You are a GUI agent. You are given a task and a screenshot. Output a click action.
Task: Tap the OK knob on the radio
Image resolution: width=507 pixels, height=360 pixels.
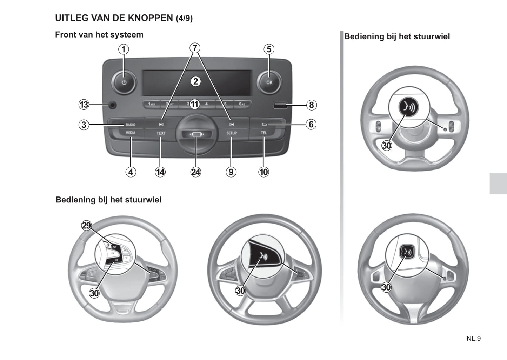pyautogui.click(x=269, y=82)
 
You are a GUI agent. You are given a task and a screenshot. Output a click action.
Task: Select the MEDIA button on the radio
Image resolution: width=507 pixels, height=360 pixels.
pyautogui.click(x=130, y=133)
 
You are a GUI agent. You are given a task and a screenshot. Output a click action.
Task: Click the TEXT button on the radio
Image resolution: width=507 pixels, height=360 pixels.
pyautogui.click(x=161, y=133)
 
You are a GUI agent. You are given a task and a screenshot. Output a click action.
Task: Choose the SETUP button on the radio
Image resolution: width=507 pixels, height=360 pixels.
pyautogui.click(x=232, y=133)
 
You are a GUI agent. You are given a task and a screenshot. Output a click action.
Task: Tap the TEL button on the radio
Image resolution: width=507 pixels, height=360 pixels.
pyautogui.click(x=264, y=133)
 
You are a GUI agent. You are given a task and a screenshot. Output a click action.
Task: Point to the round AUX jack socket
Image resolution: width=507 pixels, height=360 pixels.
pyautogui.click(x=112, y=105)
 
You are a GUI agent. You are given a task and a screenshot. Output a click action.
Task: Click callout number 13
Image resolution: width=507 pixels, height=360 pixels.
pyautogui.click(x=84, y=105)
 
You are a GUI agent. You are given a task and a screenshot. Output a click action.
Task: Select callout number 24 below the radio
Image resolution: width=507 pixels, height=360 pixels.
pyautogui.click(x=195, y=172)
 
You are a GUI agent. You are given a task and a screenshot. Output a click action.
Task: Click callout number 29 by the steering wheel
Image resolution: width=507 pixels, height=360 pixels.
pyautogui.click(x=86, y=225)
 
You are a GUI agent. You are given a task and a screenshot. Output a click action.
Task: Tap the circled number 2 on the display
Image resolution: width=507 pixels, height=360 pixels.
pyautogui.click(x=195, y=81)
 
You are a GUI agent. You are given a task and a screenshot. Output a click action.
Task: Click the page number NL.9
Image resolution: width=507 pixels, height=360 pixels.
pyautogui.click(x=473, y=339)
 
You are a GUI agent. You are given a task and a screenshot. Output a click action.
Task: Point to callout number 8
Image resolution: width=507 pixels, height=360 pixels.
pyautogui.click(x=311, y=105)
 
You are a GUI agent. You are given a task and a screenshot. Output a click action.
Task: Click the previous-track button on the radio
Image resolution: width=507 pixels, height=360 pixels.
pyautogui.click(x=161, y=125)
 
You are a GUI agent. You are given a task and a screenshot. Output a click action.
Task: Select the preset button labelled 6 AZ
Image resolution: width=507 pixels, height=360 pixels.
pyautogui.click(x=242, y=104)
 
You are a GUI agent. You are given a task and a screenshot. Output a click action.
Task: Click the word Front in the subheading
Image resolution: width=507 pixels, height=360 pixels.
pyautogui.click(x=65, y=35)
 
